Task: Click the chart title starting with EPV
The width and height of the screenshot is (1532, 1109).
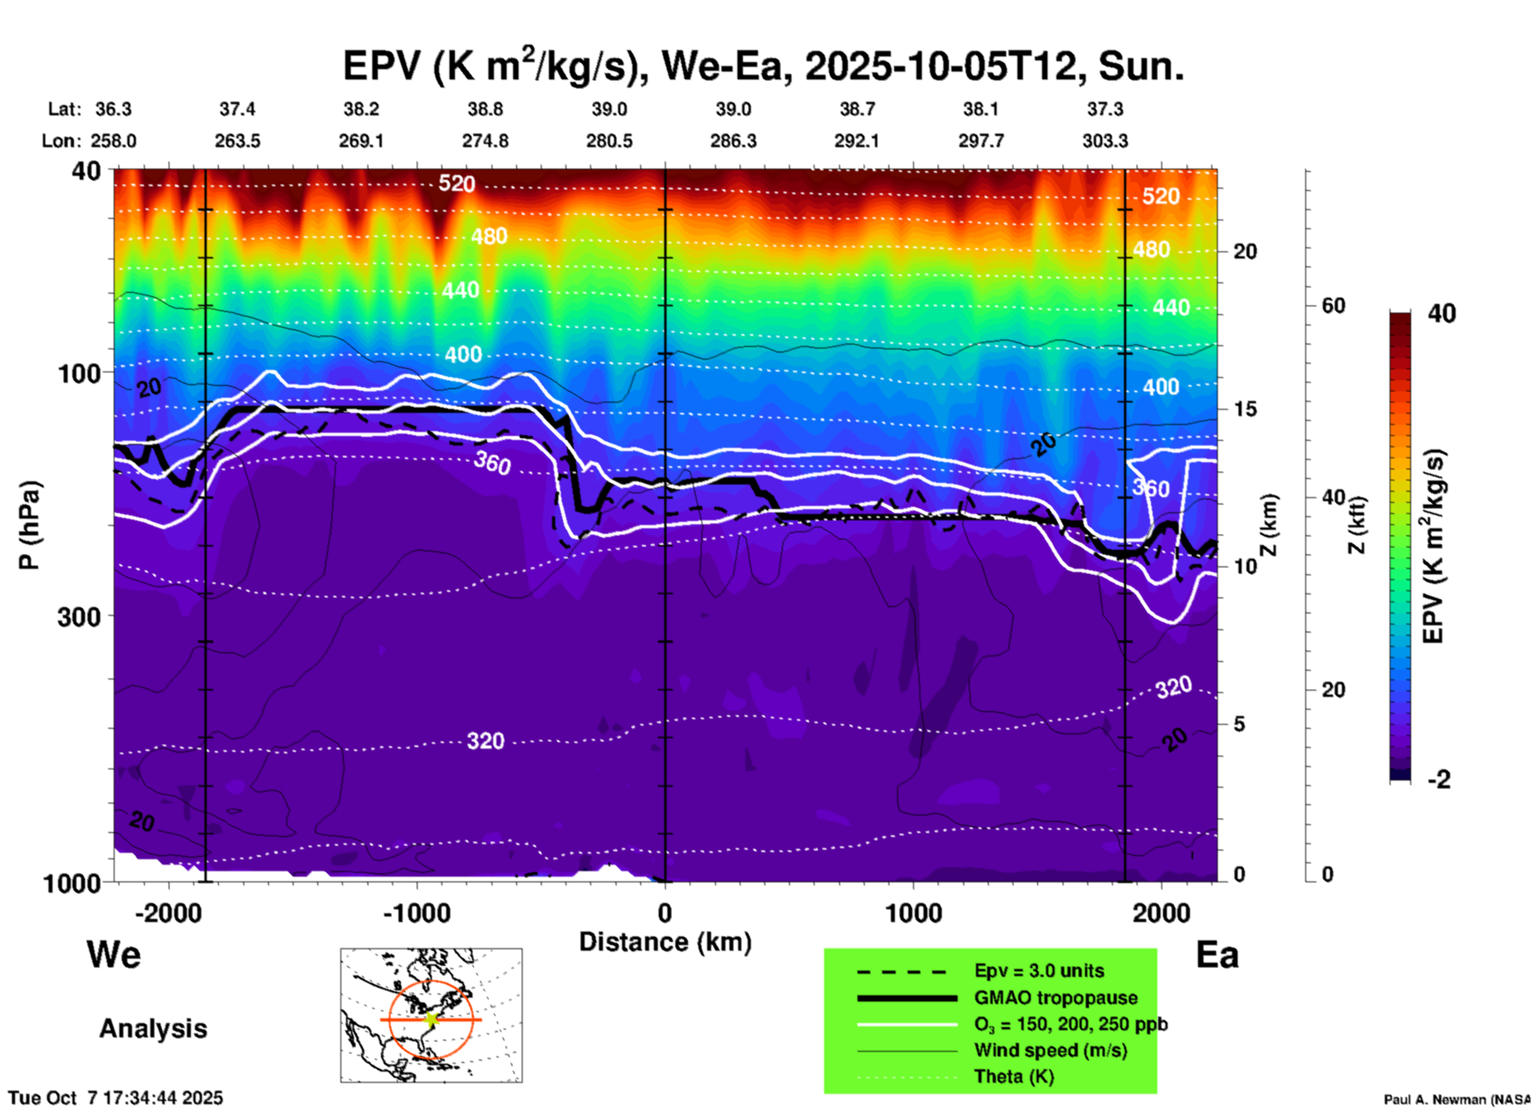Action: coord(764,66)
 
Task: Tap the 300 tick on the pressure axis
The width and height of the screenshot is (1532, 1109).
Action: coord(79,616)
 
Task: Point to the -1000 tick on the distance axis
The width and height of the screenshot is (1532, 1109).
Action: coord(416,912)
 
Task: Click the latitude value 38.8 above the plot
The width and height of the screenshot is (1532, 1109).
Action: coord(485,109)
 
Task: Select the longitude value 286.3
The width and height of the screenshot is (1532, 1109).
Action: coord(733,141)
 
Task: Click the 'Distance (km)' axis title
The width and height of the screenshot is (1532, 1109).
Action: coord(665,942)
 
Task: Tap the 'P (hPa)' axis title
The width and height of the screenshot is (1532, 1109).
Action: coord(29,525)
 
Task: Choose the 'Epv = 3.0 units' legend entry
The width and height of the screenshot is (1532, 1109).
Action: coord(1039,971)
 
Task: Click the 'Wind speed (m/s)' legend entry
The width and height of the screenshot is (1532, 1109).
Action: coord(1050,1050)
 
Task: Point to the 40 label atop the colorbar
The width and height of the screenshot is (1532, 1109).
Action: coord(1441,313)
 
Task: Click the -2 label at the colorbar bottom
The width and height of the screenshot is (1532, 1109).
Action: coord(1439,780)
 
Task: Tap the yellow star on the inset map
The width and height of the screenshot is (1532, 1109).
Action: coord(431,1018)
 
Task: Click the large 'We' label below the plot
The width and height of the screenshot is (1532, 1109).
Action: coord(114,955)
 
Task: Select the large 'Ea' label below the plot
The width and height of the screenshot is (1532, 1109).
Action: coord(1217,955)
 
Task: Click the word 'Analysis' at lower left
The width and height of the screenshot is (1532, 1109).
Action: coord(153,1029)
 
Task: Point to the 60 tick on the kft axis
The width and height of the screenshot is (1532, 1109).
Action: coord(1333,305)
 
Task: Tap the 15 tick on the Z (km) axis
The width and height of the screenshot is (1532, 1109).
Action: coord(1245,409)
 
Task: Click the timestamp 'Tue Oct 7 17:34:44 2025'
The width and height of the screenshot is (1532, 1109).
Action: coord(116,1098)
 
